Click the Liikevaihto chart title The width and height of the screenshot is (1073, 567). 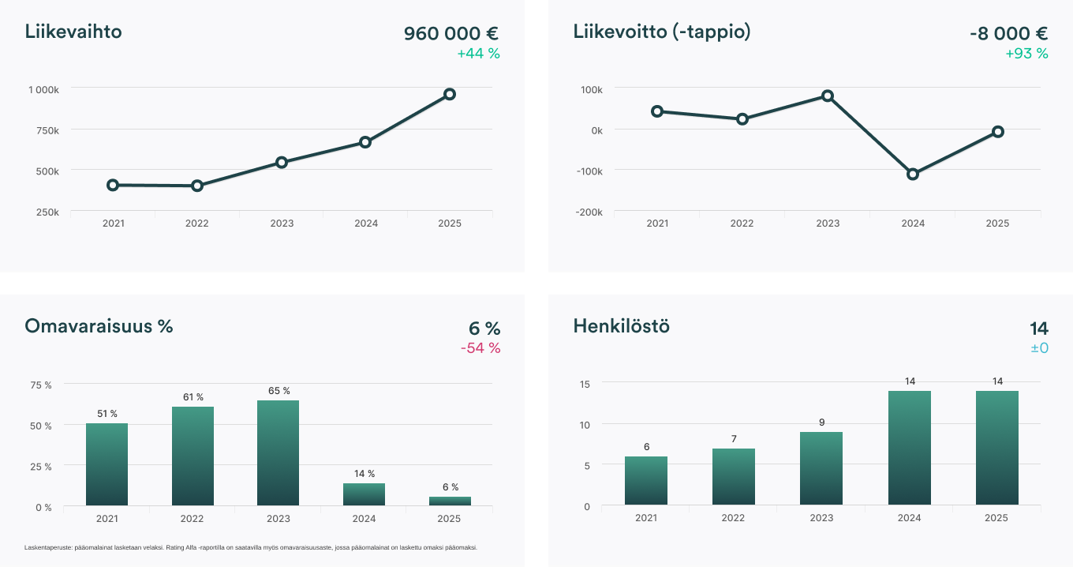(73, 32)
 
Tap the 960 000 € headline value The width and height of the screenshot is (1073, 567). (451, 33)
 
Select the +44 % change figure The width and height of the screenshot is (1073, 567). (478, 54)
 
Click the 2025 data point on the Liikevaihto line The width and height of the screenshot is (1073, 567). (450, 94)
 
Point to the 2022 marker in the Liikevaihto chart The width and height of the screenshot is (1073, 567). (197, 186)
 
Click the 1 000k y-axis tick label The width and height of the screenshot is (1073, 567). (43, 89)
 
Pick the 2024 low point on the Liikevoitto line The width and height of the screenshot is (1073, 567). (913, 174)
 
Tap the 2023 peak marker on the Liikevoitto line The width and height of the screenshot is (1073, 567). (828, 96)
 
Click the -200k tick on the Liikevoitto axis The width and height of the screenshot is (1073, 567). (589, 212)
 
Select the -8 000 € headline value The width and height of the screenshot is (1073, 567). (1008, 33)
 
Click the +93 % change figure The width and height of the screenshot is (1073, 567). (1026, 54)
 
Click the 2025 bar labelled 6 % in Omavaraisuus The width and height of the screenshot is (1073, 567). (450, 501)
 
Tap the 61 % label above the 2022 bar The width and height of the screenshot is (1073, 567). (193, 397)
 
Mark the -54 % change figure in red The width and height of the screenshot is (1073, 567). (480, 348)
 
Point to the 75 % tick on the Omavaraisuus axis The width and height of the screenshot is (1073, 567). (41, 385)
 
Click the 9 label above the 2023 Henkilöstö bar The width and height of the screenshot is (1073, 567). (821, 422)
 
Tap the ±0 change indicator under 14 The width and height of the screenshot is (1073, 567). (1038, 347)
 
